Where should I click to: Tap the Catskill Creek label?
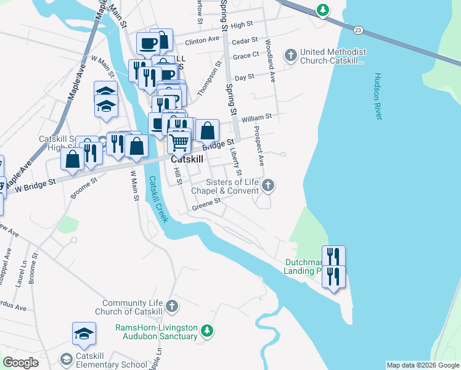[157, 199]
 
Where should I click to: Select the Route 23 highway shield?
[358, 29]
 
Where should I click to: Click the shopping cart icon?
[179, 141]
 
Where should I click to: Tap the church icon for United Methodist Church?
[291, 56]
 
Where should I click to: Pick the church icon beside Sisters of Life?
[267, 186]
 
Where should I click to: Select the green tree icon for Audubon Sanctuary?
[208, 332]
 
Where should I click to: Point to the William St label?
[256, 117]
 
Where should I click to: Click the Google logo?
[20, 362]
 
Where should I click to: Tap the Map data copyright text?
[422, 365]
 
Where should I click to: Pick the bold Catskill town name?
[187, 158]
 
